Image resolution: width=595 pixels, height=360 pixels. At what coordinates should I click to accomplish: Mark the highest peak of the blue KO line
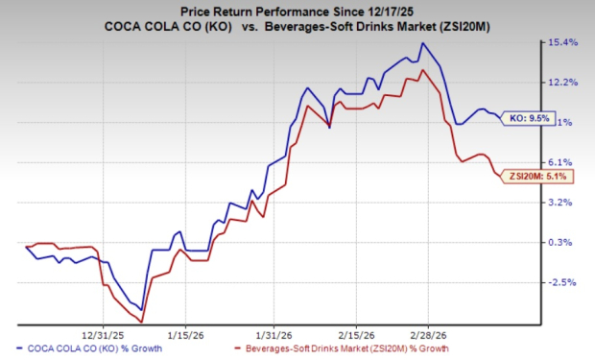point(422,43)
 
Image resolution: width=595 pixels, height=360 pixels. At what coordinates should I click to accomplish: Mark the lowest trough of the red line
point(141,321)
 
